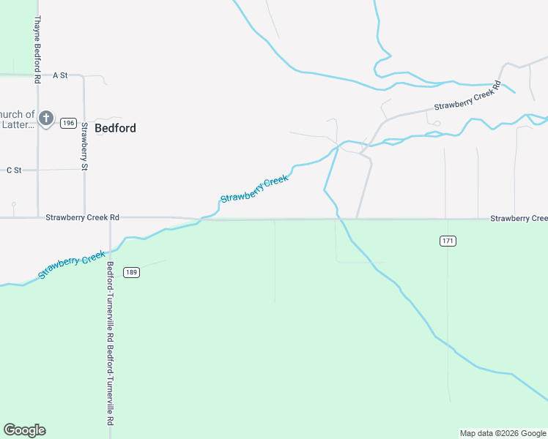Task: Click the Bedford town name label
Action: tap(115, 128)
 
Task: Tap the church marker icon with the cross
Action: tap(45, 118)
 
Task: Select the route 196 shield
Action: tap(68, 123)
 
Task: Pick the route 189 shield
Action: tap(132, 272)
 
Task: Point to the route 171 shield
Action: tap(448, 241)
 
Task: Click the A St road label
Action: tap(60, 75)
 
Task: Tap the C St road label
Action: tap(14, 170)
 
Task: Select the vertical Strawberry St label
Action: tap(84, 146)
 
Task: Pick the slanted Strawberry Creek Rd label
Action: tap(467, 97)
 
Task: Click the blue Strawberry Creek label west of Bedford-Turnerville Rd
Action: tap(72, 265)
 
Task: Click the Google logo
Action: tap(24, 430)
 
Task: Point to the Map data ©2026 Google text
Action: tap(503, 433)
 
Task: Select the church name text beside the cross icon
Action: tap(17, 119)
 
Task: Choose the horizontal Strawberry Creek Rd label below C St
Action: tap(82, 217)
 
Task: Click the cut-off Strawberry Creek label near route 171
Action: tap(519, 218)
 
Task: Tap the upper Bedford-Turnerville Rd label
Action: tap(110, 299)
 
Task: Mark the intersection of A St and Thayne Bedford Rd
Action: tap(37, 75)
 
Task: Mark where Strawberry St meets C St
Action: tap(84, 170)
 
